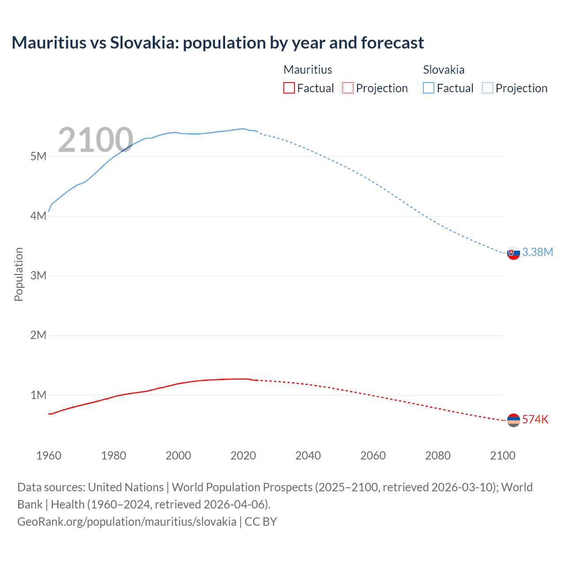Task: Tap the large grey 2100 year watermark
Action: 95,140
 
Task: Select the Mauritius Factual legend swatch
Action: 289,88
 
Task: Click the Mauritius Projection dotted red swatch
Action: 348,88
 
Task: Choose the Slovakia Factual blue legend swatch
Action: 428,88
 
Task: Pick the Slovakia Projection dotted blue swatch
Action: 487,88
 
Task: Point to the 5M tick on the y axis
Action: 38,156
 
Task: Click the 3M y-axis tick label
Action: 38,275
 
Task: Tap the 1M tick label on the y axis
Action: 38,395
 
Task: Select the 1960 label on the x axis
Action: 49,456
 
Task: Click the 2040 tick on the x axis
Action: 308,456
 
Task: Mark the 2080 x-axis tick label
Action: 438,456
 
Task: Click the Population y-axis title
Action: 19,274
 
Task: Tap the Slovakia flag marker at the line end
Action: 513,253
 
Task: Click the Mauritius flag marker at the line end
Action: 513,420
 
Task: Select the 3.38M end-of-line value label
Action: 537,252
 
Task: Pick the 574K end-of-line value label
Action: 535,419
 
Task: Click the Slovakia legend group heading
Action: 443,70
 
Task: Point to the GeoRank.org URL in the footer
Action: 127,522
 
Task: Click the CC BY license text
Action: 261,522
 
